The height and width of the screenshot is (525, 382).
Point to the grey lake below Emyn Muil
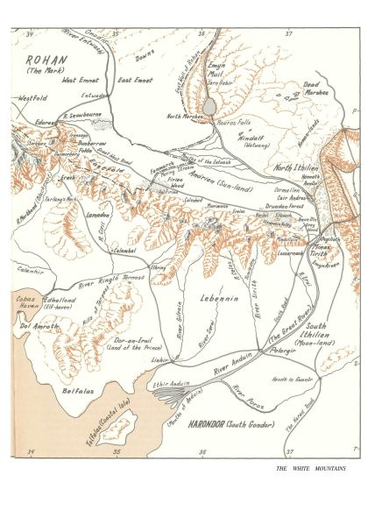point(210,106)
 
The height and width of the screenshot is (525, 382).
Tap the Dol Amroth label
point(38,327)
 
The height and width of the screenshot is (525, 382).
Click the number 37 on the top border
point(290,32)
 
